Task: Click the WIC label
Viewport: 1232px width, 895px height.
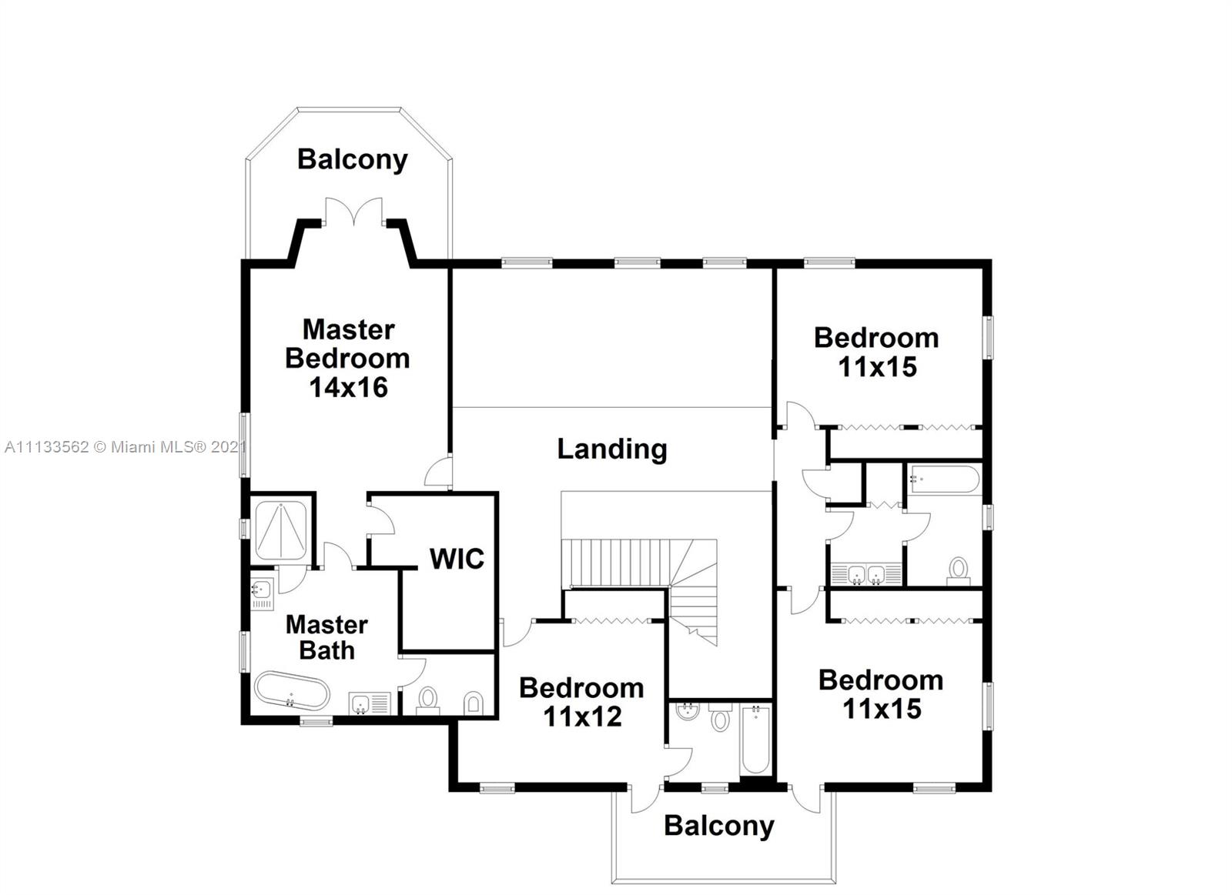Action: pyautogui.click(x=457, y=559)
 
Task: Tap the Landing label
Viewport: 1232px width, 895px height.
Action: pyautogui.click(x=612, y=449)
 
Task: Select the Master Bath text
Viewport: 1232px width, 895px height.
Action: pyautogui.click(x=326, y=637)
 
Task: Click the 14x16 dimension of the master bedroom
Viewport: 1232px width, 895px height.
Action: pyautogui.click(x=348, y=387)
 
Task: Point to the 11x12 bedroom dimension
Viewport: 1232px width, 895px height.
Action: pyautogui.click(x=582, y=716)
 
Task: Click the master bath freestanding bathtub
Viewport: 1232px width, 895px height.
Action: pyautogui.click(x=292, y=691)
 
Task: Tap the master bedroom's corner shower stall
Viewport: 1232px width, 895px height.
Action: pyautogui.click(x=281, y=530)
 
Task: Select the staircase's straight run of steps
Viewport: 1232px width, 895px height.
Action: pyautogui.click(x=612, y=563)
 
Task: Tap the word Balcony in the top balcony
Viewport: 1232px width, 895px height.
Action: pyautogui.click(x=352, y=159)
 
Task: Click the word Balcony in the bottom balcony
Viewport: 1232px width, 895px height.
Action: pyautogui.click(x=718, y=826)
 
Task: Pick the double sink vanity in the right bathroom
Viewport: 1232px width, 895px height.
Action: pyautogui.click(x=866, y=574)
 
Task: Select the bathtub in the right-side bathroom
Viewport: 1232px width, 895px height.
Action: pyautogui.click(x=944, y=479)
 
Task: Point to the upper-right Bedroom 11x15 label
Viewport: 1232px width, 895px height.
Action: pyautogui.click(x=876, y=352)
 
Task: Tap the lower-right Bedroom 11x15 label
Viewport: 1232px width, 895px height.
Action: pyautogui.click(x=881, y=694)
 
